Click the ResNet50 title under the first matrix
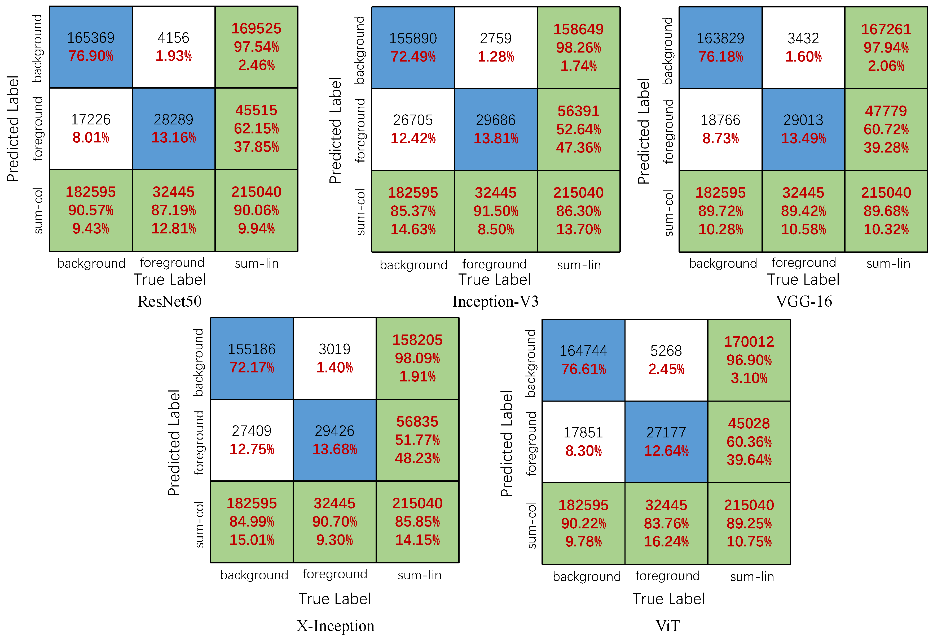tap(169, 301)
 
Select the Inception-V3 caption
tap(495, 301)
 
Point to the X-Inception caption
tap(335, 626)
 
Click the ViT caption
tap(668, 626)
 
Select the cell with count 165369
tap(91, 47)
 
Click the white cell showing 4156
tap(173, 47)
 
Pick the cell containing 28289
tap(173, 129)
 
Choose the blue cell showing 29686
tap(496, 129)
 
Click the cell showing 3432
tap(803, 48)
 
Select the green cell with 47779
tap(886, 129)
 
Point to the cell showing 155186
tap(252, 358)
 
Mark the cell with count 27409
tap(252, 440)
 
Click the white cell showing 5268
tap(666, 360)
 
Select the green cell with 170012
tap(749, 360)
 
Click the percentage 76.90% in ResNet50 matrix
tap(91, 56)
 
